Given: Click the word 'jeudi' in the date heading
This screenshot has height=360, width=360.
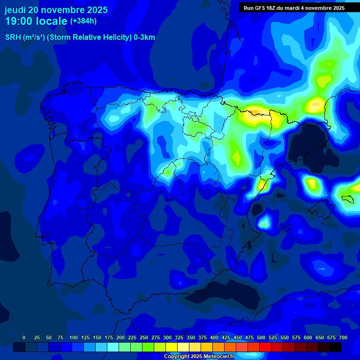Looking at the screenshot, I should (15, 10).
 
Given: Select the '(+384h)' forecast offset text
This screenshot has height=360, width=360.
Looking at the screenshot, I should (83, 21).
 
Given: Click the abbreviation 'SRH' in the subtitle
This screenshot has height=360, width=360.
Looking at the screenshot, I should (13, 37).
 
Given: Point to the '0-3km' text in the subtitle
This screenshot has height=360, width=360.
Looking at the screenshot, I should (144, 37).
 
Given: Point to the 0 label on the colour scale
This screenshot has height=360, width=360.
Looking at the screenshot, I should (24, 337).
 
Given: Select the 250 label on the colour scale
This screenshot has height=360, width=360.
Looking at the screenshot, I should (144, 337).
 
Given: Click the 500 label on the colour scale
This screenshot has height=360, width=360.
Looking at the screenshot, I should (261, 337).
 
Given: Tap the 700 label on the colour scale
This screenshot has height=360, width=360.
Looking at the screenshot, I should (343, 337).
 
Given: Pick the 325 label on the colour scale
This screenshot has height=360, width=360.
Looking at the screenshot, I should (179, 337).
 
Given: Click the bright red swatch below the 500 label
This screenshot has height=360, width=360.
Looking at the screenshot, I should (265, 347).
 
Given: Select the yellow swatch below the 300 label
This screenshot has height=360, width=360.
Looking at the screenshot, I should (172, 347).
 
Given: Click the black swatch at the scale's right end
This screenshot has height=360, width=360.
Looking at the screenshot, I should (336, 347).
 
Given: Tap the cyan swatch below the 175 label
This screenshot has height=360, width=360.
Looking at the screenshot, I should (113, 347).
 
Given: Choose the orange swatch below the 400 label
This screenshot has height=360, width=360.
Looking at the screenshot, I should (218, 347).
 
